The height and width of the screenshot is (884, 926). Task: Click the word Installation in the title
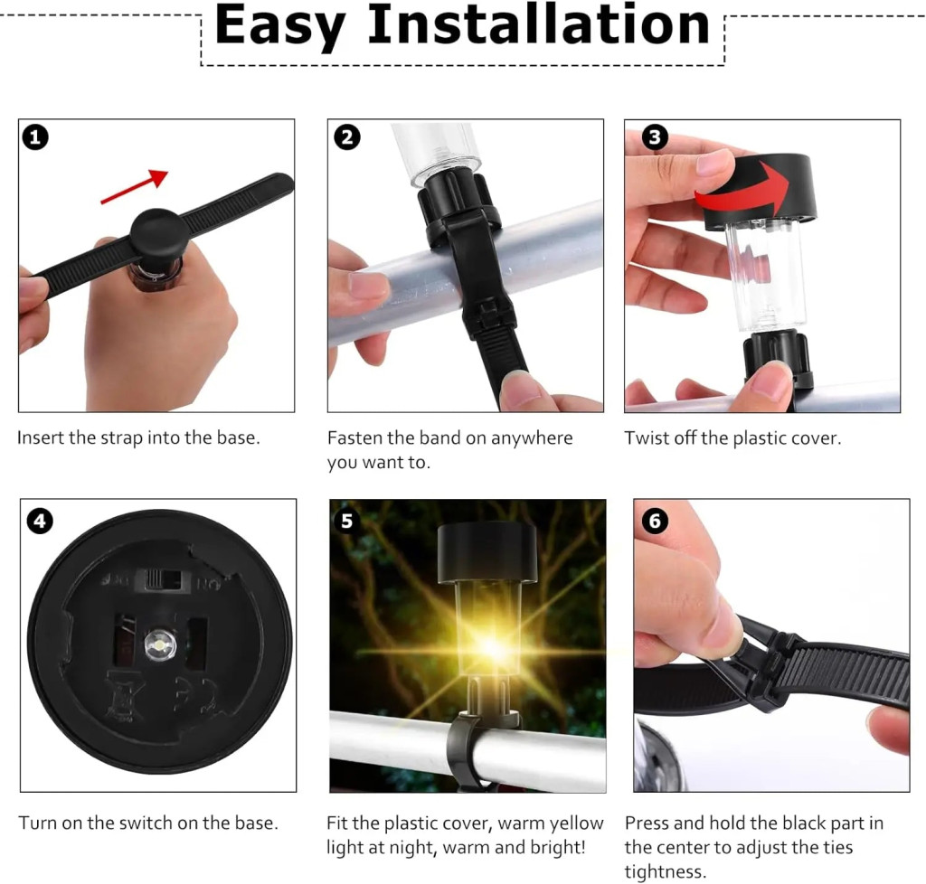pos(538,24)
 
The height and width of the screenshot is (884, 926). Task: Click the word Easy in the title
pos(280,27)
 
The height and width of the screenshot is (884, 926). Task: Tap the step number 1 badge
pos(35,137)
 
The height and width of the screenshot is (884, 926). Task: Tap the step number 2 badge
pos(346,137)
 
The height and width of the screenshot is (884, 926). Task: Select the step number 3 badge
pos(655,137)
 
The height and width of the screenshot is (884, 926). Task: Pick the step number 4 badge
pos(40,521)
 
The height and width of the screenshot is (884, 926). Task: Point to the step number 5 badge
pos(346,521)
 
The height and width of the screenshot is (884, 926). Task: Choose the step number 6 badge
pos(655,521)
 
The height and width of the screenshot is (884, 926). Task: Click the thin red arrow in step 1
pos(135,186)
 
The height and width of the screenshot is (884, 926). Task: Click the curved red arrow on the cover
pos(745,190)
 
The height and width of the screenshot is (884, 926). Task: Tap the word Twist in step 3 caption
pos(646,437)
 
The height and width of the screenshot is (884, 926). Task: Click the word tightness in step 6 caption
pos(665,871)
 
